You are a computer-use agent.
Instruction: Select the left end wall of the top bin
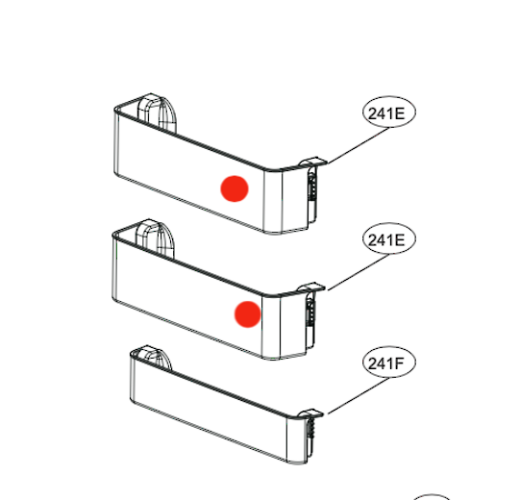(x=115, y=144)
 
